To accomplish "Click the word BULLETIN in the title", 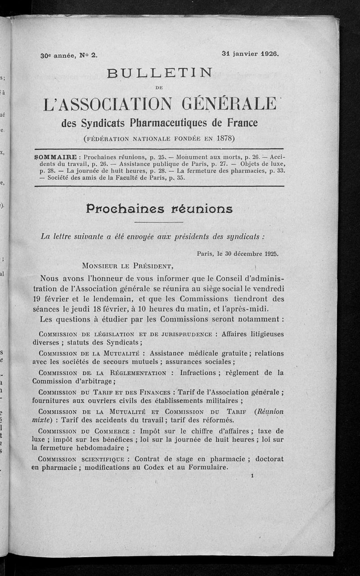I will [x=160, y=72].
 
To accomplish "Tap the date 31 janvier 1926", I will [x=251, y=53].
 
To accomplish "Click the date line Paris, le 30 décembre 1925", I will [x=238, y=253].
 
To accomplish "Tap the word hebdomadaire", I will [x=95, y=448].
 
